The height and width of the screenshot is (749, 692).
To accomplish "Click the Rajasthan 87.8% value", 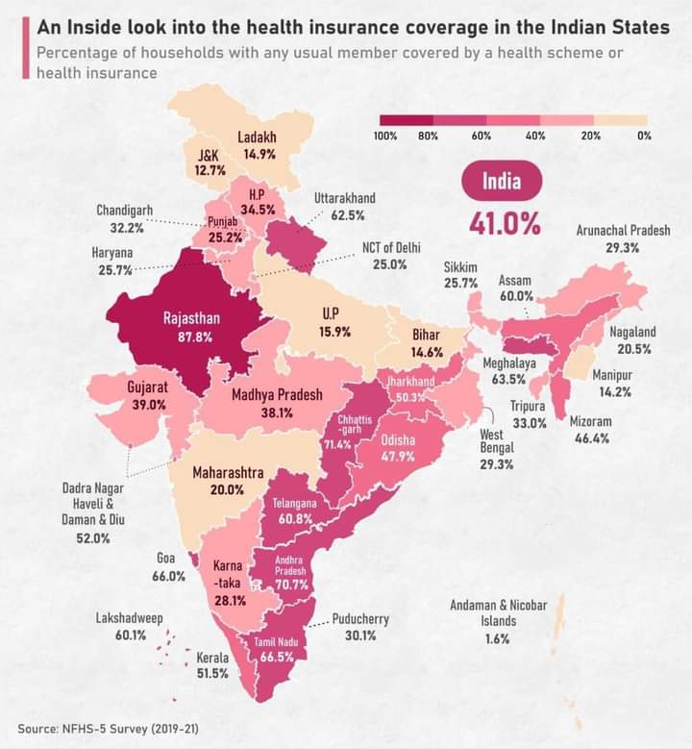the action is pos(195,337).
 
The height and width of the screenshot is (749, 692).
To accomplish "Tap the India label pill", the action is pos(502,181).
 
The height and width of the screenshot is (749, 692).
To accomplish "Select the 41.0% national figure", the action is pos(505,223).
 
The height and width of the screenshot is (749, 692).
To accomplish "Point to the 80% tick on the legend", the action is pos(428,136).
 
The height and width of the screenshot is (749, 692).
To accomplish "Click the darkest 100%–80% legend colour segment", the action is pos(407,120).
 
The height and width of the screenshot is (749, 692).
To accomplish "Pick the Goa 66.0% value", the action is pos(168,576).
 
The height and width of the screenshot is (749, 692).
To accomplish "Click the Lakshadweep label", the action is pos(130,617).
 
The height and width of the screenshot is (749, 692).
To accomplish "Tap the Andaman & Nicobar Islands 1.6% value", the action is pos(497,638).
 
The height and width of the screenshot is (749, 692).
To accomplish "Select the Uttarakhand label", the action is pos(345,198).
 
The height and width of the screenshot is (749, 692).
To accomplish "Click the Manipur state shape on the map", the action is pos(577,363).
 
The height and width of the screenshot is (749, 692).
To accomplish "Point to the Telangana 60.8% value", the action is pos(295,518).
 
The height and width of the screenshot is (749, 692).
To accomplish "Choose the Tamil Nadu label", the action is pos(276,642).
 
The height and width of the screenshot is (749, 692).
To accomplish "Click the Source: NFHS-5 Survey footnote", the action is pos(109,729).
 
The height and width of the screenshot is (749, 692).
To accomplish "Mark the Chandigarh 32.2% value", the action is pos(127,228).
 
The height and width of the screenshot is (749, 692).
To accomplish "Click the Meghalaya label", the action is pos(509,363).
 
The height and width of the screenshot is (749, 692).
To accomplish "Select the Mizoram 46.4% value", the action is pos(592,438).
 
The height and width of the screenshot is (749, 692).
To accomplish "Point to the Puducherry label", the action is pos(360,619).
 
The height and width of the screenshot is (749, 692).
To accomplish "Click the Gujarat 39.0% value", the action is pos(149,405).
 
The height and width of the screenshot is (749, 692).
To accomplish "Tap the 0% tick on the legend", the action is pos(644,136).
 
